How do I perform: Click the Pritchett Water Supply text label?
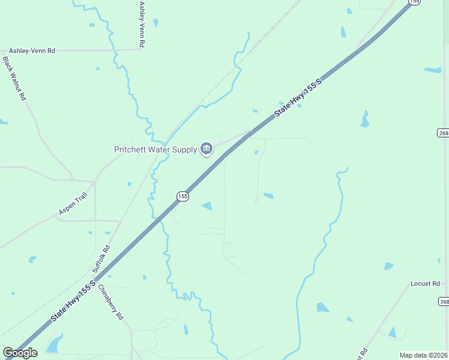[x=155, y=149]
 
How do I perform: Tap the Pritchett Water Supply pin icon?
[x=206, y=148]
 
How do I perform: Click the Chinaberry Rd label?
[x=110, y=301]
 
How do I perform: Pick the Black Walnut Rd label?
[x=14, y=78]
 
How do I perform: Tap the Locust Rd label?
[x=425, y=283]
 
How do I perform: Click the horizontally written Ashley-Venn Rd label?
[x=32, y=51]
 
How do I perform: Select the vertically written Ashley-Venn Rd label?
[x=142, y=24]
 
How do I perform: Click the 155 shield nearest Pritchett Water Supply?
[x=183, y=196]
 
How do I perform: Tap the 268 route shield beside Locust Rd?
[x=443, y=301]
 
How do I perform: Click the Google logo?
[x=20, y=353]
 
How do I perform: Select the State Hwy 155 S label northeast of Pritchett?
[x=298, y=97]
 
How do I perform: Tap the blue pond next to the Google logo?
[x=55, y=344]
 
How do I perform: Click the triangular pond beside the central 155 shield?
[x=207, y=206]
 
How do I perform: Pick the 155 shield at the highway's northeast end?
[x=414, y=2]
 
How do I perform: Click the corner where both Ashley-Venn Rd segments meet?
[x=143, y=49]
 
